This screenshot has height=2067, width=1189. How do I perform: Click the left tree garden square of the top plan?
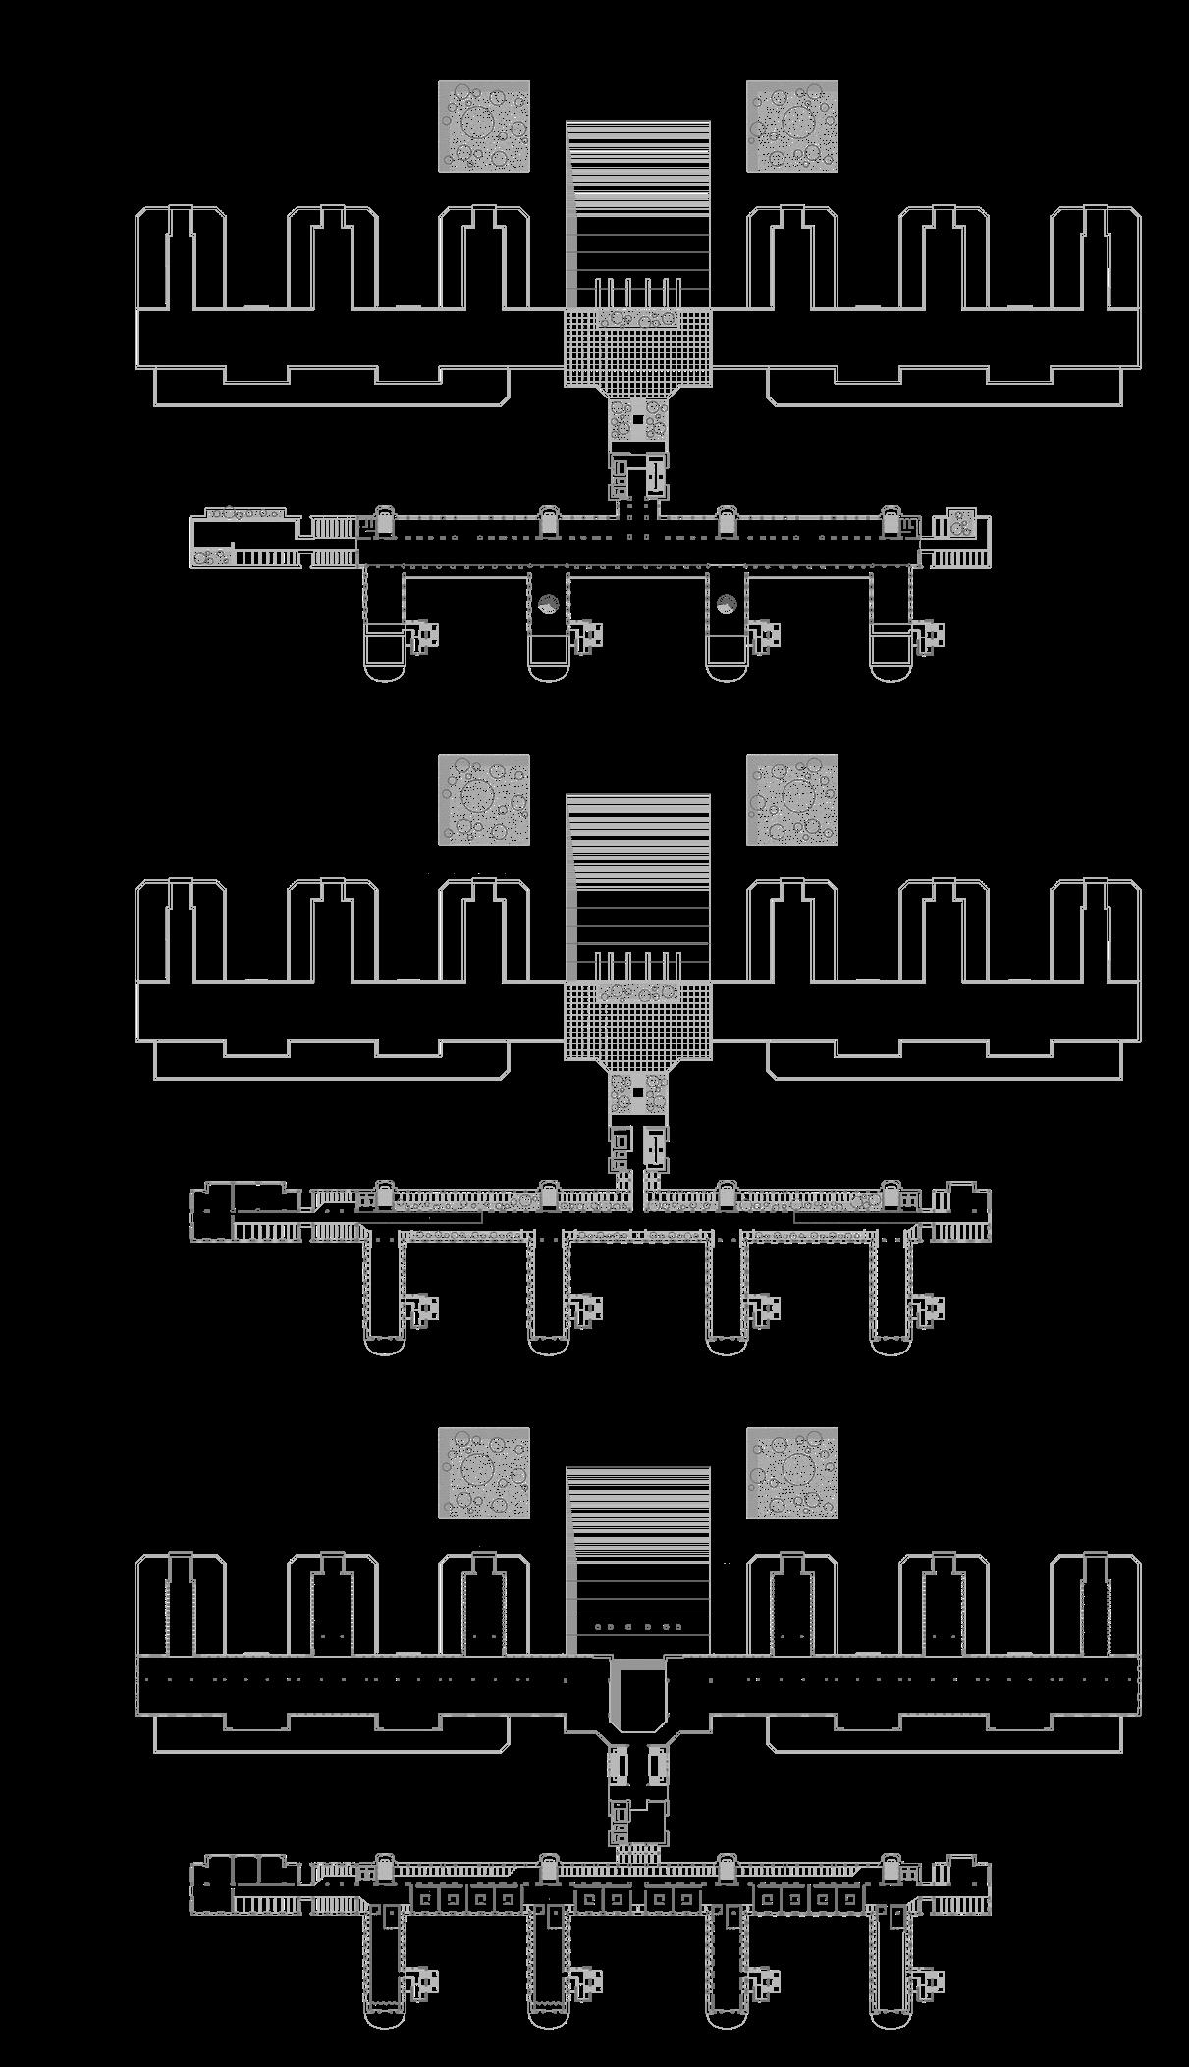pyautogui.click(x=483, y=127)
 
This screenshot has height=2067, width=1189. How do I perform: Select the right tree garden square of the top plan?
pyautogui.click(x=791, y=127)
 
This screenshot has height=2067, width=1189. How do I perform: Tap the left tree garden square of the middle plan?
pyautogui.click(x=483, y=800)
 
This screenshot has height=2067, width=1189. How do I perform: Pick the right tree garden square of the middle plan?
pyautogui.click(x=791, y=800)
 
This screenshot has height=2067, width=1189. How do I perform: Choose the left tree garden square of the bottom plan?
pyautogui.click(x=483, y=1472)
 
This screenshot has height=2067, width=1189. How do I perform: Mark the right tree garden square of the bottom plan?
pyautogui.click(x=791, y=1472)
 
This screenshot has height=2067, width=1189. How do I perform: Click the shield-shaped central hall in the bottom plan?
pyautogui.click(x=637, y=1695)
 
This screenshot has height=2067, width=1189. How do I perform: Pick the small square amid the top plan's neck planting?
pyautogui.click(x=637, y=420)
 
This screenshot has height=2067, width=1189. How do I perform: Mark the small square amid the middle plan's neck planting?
pyautogui.click(x=637, y=1092)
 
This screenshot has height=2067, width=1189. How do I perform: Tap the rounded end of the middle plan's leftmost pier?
pyautogui.click(x=384, y=1341)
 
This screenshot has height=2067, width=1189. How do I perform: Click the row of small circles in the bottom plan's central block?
pyautogui.click(x=638, y=1627)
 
